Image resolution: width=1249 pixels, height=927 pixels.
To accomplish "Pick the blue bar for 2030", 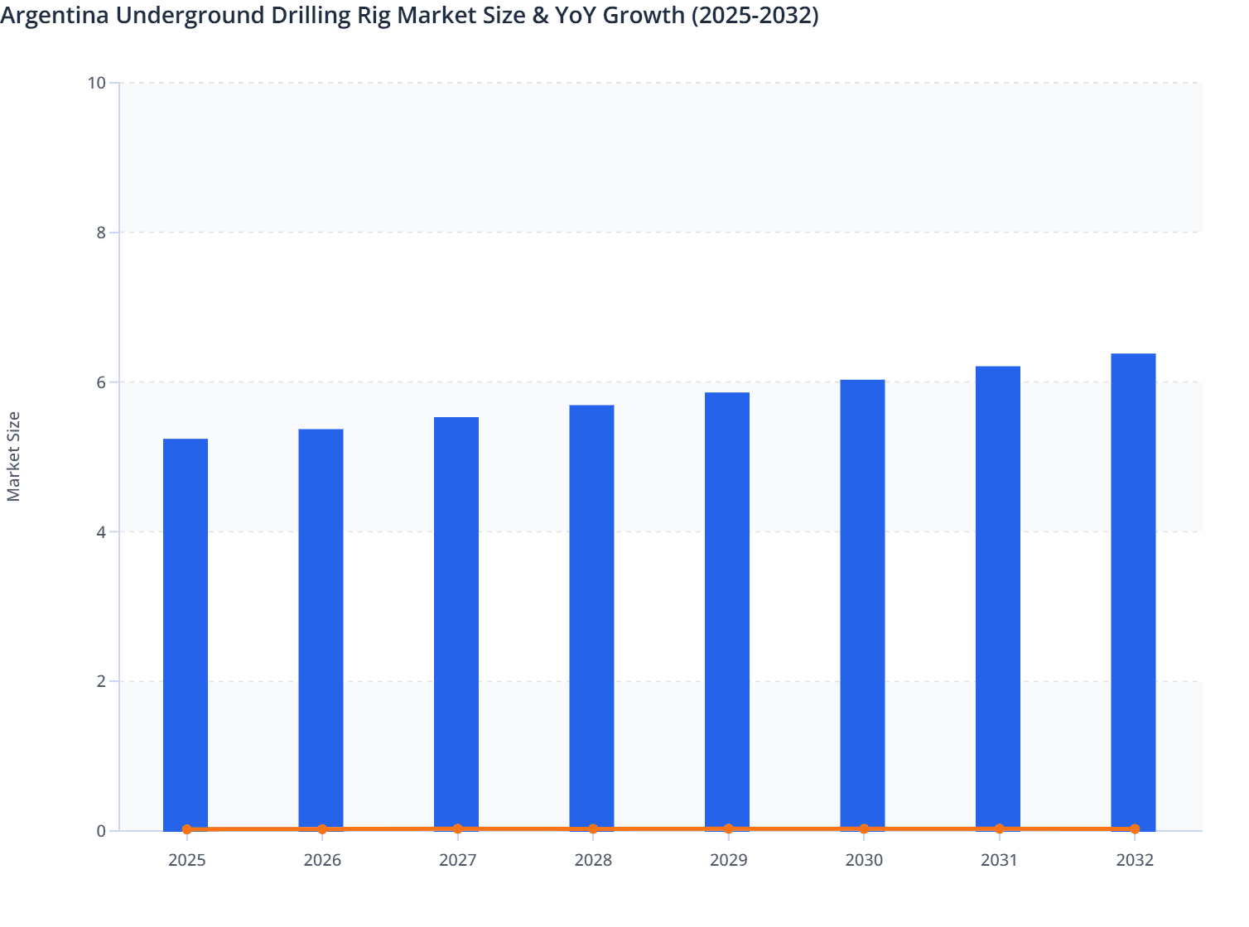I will (x=862, y=604).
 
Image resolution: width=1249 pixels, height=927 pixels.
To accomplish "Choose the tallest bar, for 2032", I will (x=1133, y=591).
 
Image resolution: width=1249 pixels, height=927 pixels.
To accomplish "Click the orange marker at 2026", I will (x=322, y=829).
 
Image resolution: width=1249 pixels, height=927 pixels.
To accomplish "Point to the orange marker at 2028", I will (x=593, y=829).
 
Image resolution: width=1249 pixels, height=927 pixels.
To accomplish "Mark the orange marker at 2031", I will (x=999, y=829).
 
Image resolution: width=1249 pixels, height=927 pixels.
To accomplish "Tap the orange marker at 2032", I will (x=1135, y=829).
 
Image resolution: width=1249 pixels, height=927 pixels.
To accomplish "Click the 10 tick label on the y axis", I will (x=96, y=83).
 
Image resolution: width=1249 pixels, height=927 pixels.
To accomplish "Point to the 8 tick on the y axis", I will (x=101, y=233).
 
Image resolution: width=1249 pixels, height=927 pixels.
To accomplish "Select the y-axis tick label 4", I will (x=101, y=532).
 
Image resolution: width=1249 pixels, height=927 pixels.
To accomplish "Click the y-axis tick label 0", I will (x=101, y=831).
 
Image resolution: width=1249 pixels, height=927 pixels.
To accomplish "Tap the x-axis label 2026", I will (x=322, y=860).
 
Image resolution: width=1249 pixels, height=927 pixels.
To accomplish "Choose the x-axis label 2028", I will (x=593, y=860).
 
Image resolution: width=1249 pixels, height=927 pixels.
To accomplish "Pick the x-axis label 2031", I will (x=999, y=860).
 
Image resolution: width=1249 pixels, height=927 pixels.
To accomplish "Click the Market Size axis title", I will (x=14, y=456).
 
